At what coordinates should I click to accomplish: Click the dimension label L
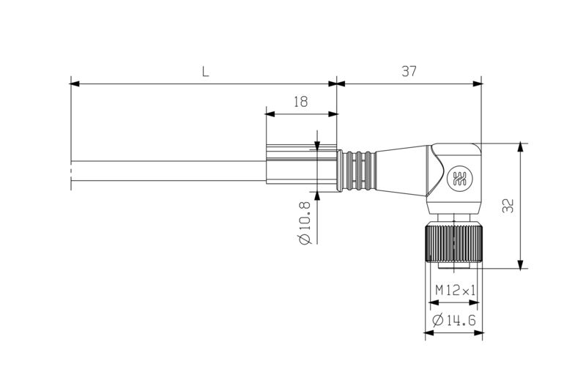(x=205, y=72)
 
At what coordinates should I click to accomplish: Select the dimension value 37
(x=409, y=72)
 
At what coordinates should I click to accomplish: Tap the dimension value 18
(x=300, y=103)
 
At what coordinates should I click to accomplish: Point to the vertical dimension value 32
(x=509, y=206)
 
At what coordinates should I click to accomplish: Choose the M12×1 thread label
(x=455, y=290)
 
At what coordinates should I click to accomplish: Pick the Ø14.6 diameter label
(x=454, y=321)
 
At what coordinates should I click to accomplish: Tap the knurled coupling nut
(x=453, y=242)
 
